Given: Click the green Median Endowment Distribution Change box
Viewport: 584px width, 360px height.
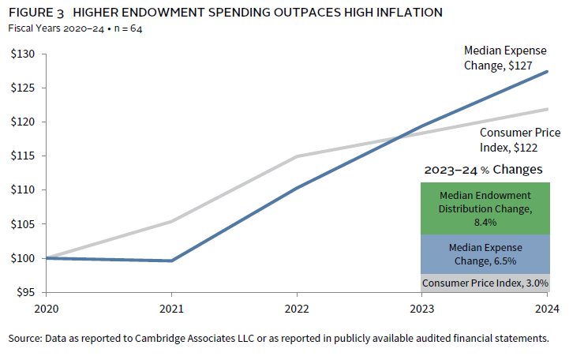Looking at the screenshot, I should point(485,208).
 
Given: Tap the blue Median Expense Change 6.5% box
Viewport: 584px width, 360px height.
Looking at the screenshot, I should point(485,253).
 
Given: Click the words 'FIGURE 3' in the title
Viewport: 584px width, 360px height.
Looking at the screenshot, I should point(36,13).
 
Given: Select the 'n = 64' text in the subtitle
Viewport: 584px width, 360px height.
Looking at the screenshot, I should point(126,28).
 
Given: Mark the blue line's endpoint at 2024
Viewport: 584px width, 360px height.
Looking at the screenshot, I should point(548,72).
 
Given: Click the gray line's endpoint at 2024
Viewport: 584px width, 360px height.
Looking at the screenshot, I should point(548,109).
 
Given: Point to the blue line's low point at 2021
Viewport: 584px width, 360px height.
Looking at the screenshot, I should point(171,261).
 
